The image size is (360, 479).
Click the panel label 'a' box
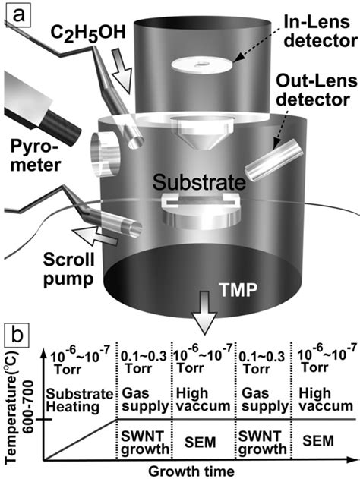coord(19,13)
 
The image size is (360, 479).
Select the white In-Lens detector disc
coord(204,65)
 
